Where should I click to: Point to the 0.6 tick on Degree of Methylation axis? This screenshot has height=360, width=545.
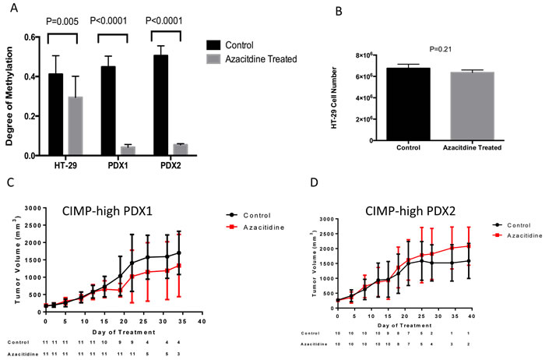28,37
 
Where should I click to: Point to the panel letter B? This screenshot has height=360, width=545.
315,11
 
